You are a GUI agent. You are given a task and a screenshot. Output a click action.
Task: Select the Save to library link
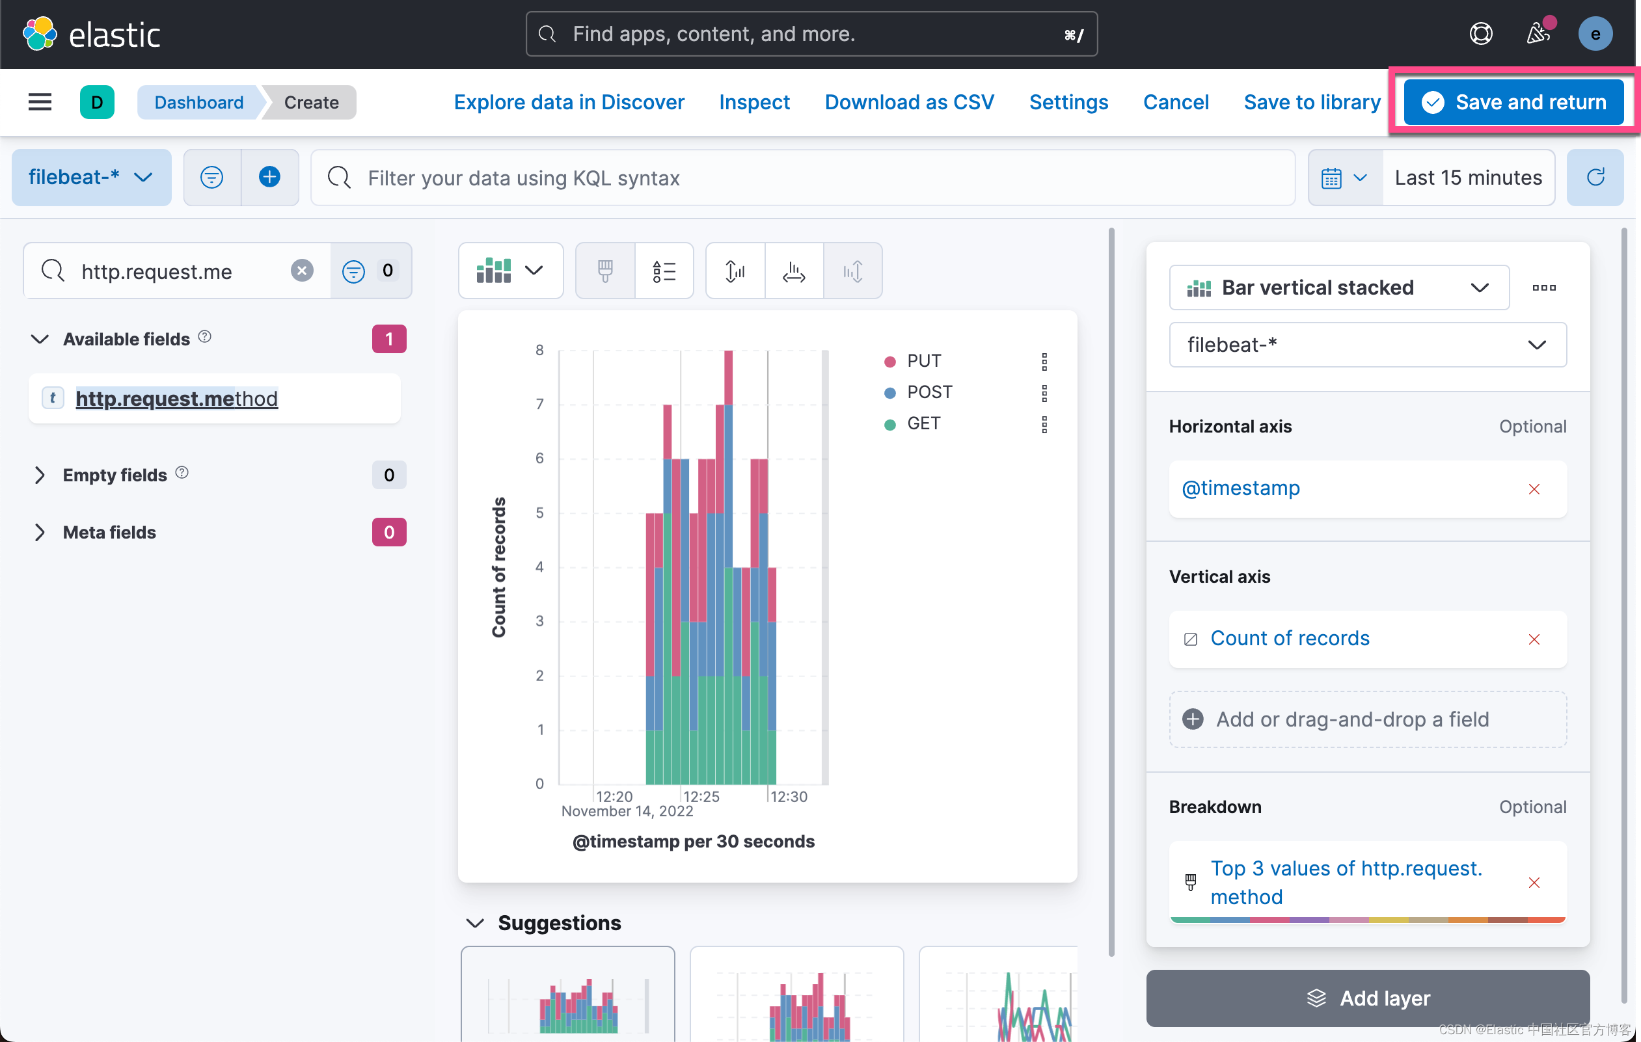coord(1311,102)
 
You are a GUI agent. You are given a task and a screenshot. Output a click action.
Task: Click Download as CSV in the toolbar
coord(908,102)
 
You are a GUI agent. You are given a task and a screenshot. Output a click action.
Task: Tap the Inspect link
coord(753,102)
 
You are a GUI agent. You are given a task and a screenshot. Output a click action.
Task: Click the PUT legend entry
coord(923,361)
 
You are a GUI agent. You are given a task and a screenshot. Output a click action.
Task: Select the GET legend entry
coord(923,423)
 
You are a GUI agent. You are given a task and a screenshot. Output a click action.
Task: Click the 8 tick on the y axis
coord(539,350)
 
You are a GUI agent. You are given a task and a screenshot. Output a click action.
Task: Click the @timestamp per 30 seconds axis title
coord(693,841)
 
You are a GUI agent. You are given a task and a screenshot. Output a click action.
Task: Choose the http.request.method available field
coord(176,399)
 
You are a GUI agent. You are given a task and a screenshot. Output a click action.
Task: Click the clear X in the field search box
coord(302,271)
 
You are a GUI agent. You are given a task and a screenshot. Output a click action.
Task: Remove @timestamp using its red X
coord(1534,489)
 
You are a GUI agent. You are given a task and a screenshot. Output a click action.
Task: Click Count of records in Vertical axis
coord(1289,639)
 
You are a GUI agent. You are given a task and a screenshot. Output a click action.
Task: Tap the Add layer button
coord(1367,998)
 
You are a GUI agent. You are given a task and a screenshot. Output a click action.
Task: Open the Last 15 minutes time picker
coord(1467,178)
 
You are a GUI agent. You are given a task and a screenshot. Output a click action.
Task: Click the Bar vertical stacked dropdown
coord(1338,287)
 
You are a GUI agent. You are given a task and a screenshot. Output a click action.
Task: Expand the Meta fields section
coord(109,532)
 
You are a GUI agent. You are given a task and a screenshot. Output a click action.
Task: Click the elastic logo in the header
coord(92,34)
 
